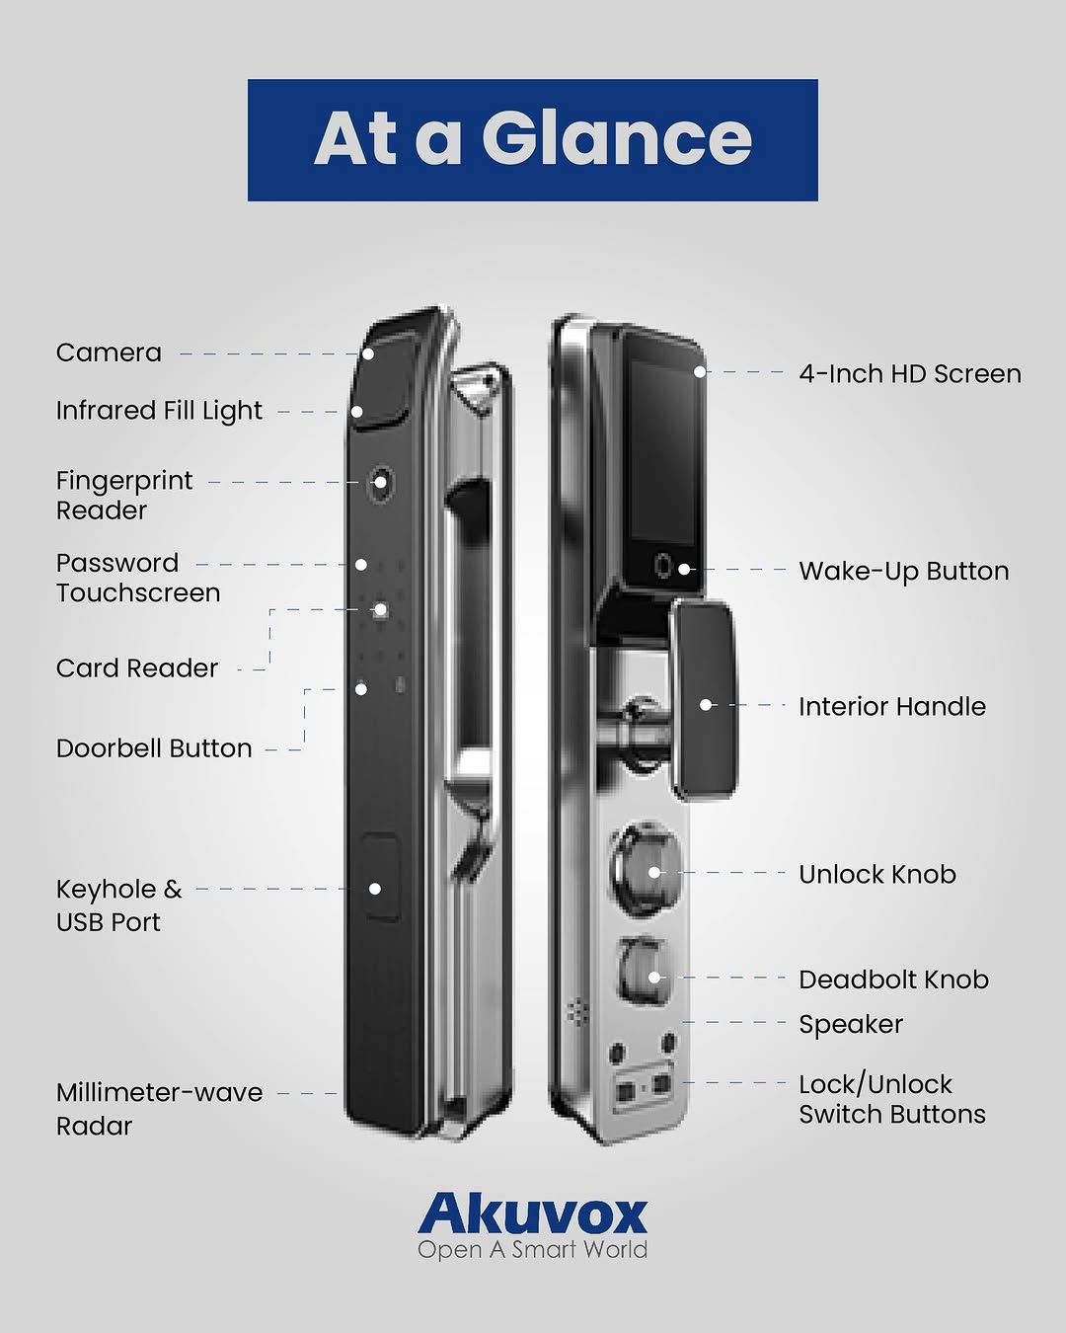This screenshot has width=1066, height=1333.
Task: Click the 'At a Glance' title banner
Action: coord(533,140)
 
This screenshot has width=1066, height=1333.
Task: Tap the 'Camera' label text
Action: coord(109,353)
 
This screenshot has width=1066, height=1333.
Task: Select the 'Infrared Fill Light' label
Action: coord(159,411)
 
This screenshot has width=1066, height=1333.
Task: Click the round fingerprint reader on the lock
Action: coord(380,481)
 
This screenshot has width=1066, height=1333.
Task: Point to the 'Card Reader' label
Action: coord(137,668)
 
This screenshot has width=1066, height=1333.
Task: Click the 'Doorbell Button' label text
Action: coord(154,748)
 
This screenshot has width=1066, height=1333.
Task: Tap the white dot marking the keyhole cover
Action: coord(375,889)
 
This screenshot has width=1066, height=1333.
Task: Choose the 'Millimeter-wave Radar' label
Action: coord(159,1109)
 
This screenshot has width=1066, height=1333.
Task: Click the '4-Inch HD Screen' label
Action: coord(910,373)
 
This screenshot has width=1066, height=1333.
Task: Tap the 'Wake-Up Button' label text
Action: coord(904,571)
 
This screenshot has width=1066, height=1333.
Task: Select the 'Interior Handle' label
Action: coord(892,706)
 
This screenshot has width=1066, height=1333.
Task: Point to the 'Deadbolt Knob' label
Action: coord(893,980)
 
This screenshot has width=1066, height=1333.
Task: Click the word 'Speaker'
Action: coord(851,1025)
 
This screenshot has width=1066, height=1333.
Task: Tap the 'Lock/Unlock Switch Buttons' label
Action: coord(892,1099)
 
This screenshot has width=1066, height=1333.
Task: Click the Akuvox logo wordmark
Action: coord(533,1215)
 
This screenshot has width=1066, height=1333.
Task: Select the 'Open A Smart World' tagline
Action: coord(533,1249)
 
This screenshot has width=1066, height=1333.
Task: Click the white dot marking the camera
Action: coord(368,353)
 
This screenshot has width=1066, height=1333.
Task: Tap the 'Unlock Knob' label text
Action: coord(877,875)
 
